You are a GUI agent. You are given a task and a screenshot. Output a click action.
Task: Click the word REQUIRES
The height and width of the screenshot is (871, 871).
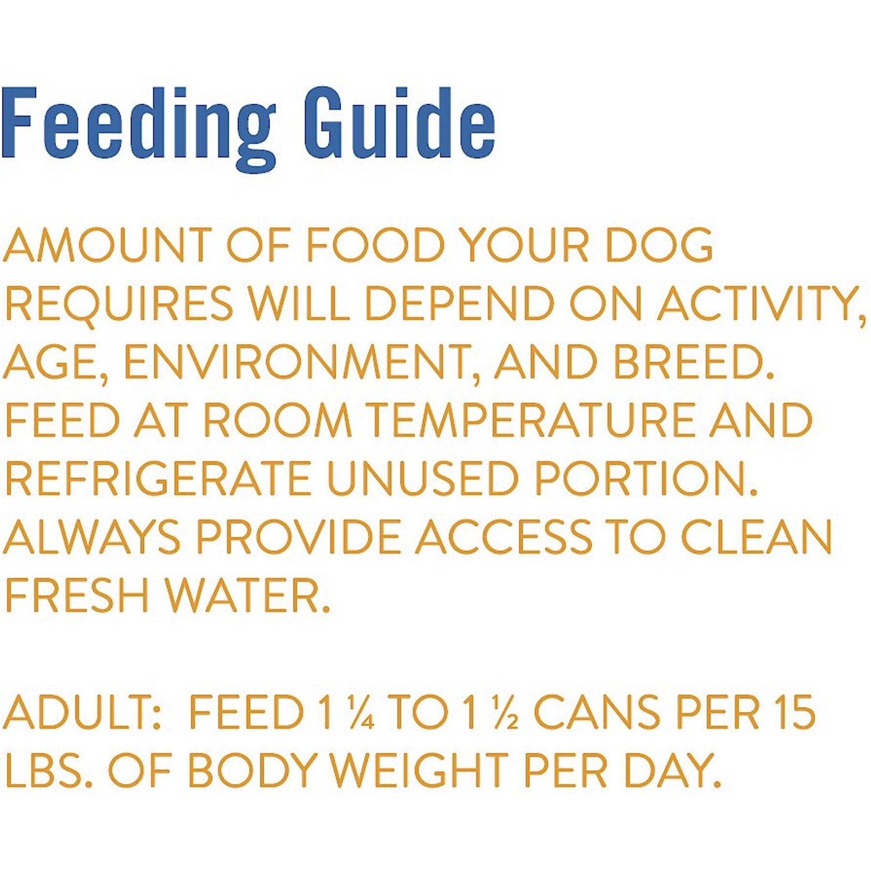[119, 304]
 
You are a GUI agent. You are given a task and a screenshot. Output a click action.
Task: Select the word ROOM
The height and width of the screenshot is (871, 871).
[277, 420]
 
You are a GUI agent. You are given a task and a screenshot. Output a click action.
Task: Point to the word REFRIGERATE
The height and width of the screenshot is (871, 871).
[158, 478]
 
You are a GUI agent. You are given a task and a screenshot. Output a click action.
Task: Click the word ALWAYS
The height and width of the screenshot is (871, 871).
[92, 537]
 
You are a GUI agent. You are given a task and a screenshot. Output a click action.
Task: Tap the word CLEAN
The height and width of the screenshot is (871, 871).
[757, 537]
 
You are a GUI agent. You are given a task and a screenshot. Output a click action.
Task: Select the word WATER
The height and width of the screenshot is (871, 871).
[248, 595]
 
